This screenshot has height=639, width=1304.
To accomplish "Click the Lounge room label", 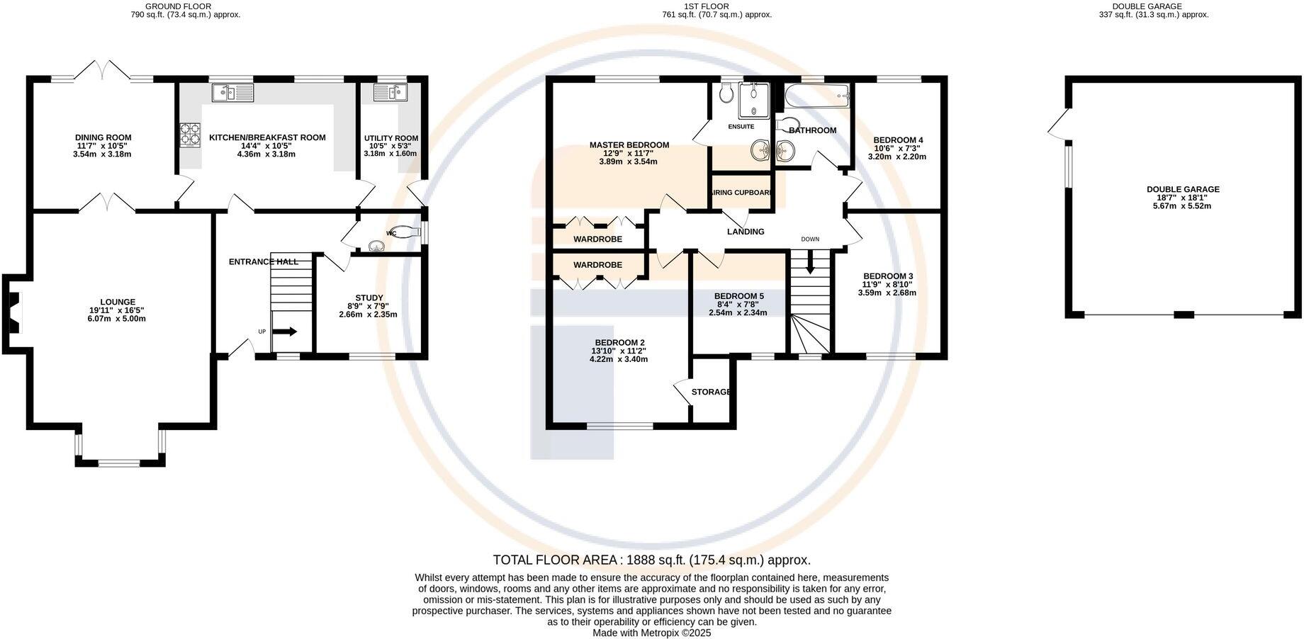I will (x=117, y=302).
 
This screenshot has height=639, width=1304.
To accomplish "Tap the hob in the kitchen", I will (x=191, y=135).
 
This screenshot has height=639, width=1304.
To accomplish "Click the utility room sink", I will (x=388, y=91).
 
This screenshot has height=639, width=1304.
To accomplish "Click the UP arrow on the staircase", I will (x=285, y=332).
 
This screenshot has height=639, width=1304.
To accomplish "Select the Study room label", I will (x=369, y=298).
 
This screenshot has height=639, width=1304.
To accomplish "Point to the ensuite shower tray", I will (x=754, y=100).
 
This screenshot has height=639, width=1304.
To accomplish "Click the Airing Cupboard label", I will (x=741, y=193).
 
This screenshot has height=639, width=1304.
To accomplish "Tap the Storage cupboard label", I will (x=711, y=392).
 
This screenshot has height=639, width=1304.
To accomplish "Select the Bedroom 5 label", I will (x=739, y=296).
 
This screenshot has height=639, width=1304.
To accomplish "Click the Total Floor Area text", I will (x=651, y=560).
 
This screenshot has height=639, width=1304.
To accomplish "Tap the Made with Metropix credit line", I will (x=651, y=633).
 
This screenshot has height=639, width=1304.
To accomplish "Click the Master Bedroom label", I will (x=629, y=145).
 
